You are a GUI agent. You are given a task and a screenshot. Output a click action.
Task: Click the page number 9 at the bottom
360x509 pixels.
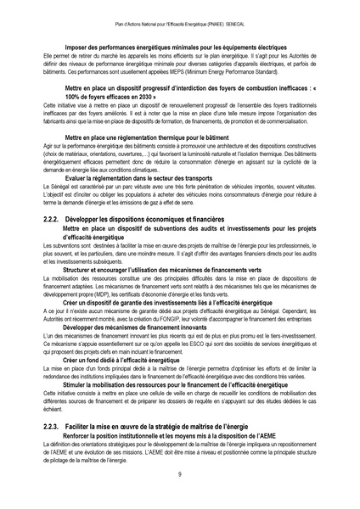180,474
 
